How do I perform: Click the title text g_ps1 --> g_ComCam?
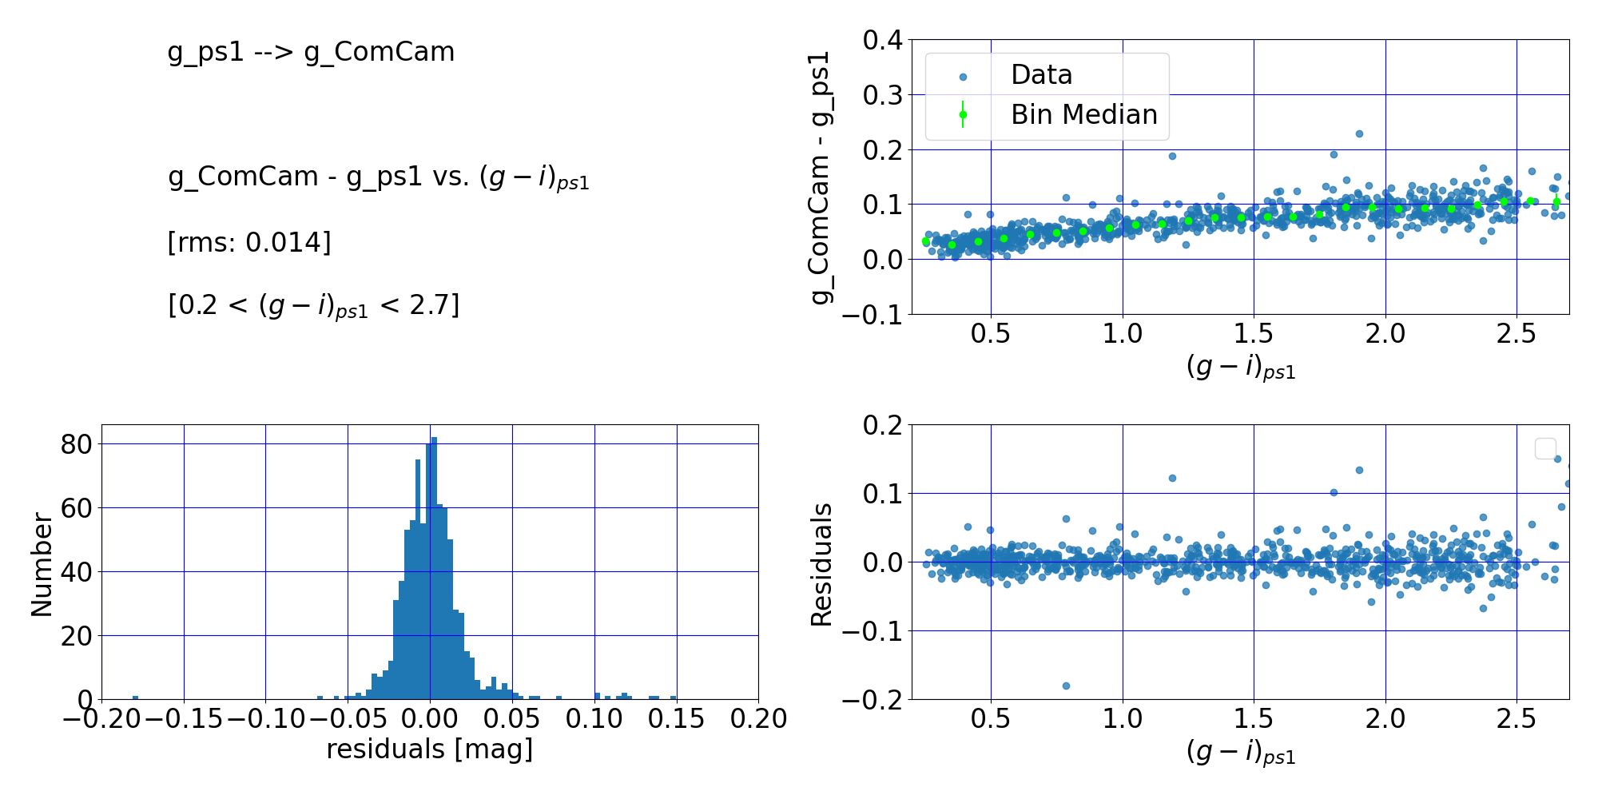311,52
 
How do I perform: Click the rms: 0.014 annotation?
249,242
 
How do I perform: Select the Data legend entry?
1040,75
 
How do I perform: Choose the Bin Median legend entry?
1083,115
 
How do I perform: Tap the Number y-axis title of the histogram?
42,565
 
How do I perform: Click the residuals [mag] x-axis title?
429,749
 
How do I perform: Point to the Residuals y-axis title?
821,565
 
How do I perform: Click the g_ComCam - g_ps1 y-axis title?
821,177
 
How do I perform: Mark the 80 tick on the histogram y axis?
76,444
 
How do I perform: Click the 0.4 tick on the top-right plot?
882,40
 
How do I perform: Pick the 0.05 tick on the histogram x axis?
512,719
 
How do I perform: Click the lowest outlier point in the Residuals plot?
1066,686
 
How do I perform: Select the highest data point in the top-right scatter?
1359,134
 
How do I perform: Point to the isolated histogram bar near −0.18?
135,698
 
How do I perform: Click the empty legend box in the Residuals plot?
1545,448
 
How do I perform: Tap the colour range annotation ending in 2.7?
313,306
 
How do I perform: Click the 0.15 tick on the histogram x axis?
677,719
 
